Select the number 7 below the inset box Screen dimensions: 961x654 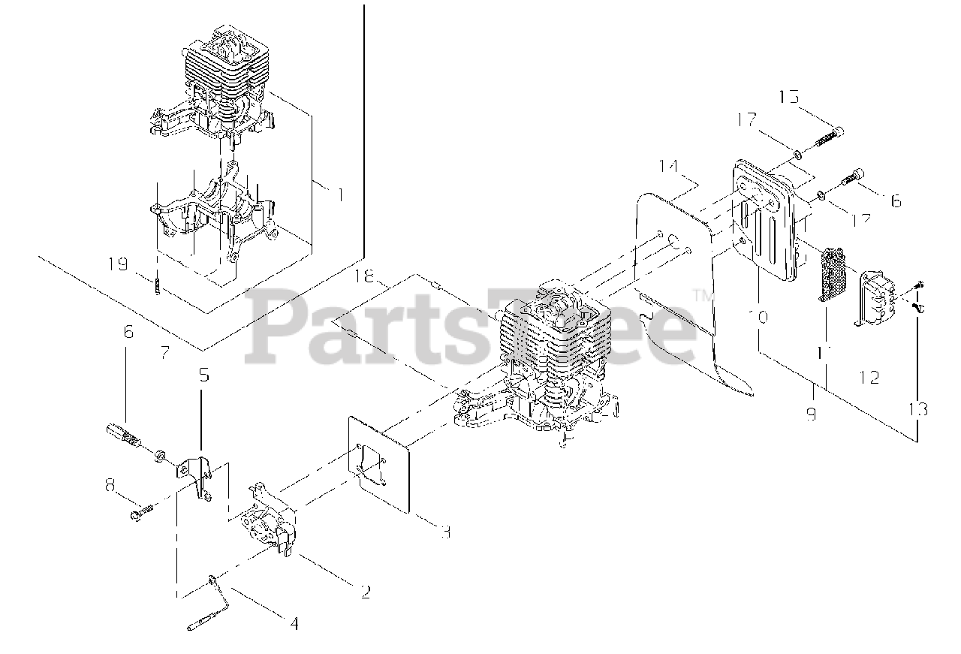(x=164, y=351)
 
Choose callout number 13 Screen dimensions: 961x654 (x=919, y=409)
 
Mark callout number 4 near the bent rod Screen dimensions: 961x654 (x=294, y=622)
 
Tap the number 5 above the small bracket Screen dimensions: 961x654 (x=203, y=373)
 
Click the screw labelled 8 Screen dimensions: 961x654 (x=142, y=514)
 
